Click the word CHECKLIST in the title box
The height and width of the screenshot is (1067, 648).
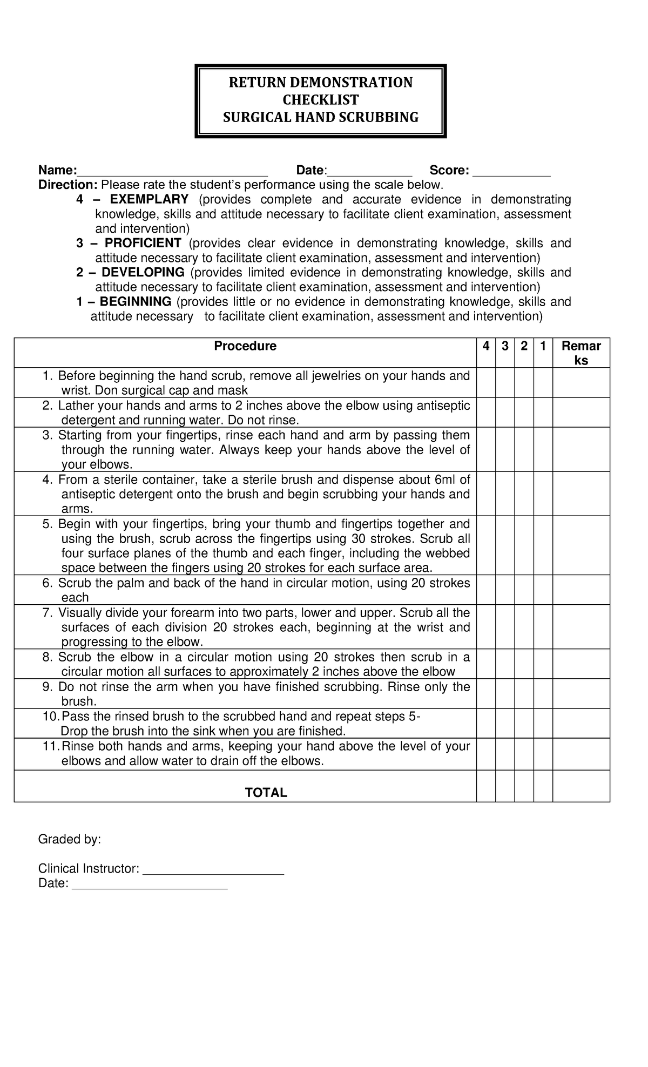tap(321, 100)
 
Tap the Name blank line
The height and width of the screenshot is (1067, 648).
tap(172, 172)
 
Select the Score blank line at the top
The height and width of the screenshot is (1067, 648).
tap(511, 172)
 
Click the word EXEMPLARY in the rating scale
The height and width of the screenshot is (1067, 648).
tap(149, 199)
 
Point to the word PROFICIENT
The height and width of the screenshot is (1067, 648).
tap(143, 243)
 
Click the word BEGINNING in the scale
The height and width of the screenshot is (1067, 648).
tap(136, 301)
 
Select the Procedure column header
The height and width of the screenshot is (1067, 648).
tap(245, 346)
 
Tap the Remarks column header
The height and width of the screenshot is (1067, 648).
tap(581, 353)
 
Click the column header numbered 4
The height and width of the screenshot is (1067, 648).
tap(486, 346)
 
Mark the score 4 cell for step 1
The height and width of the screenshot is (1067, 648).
tap(486, 383)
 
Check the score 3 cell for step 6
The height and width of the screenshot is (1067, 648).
tap(505, 590)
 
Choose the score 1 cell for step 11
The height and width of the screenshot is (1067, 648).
tap(543, 754)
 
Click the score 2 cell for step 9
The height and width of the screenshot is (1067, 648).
tap(524, 693)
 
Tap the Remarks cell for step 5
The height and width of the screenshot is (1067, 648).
tap(581, 545)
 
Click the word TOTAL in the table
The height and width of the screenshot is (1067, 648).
tap(266, 792)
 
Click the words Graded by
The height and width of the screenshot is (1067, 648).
tap(69, 840)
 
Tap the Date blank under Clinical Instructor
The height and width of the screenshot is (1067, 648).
tap(150, 884)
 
